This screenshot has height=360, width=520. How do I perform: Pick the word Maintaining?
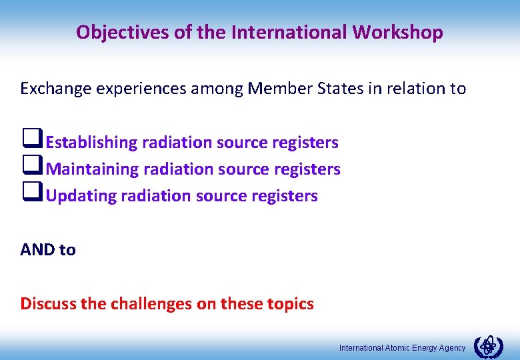pos(92,169)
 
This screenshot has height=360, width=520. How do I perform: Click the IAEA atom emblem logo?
pos(489,347)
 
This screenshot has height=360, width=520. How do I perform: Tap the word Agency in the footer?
pos(451,348)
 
